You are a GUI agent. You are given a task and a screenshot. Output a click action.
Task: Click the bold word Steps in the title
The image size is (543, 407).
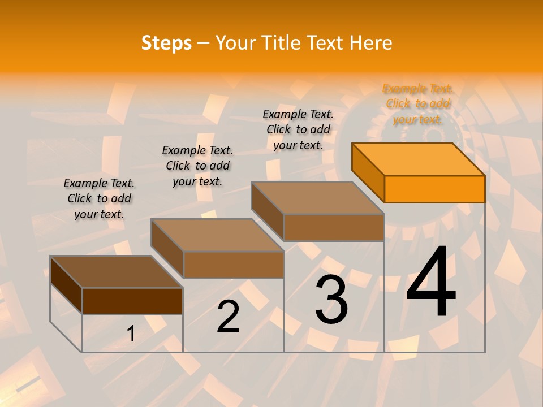166,43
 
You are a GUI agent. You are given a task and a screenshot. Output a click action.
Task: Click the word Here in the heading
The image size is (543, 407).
371,43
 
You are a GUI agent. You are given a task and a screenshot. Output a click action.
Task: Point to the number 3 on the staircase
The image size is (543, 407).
331,300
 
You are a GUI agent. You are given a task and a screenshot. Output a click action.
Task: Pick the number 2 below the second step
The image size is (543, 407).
229,317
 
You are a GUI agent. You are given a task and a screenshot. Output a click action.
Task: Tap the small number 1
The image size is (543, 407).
131,334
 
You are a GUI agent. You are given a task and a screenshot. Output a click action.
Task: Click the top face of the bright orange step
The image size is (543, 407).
419,159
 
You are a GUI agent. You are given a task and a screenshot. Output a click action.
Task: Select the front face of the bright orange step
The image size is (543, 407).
434,189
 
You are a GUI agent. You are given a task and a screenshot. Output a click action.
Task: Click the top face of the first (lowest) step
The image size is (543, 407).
116,272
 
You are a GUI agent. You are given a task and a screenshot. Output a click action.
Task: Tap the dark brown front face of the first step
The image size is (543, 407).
132,301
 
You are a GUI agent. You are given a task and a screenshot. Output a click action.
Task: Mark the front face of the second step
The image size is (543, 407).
234,265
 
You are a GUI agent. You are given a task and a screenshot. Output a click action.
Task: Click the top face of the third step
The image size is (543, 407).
318,197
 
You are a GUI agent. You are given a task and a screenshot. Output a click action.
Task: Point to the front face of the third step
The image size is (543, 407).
334,227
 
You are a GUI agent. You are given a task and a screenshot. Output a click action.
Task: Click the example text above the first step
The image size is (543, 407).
99,198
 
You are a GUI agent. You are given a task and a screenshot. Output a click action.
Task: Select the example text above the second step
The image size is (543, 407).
197,166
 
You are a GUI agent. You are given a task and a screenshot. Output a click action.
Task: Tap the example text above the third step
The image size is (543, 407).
298,129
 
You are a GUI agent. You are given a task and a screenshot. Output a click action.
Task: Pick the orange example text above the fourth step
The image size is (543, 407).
418,103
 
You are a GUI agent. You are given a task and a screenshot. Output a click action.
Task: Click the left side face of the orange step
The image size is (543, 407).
368,172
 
